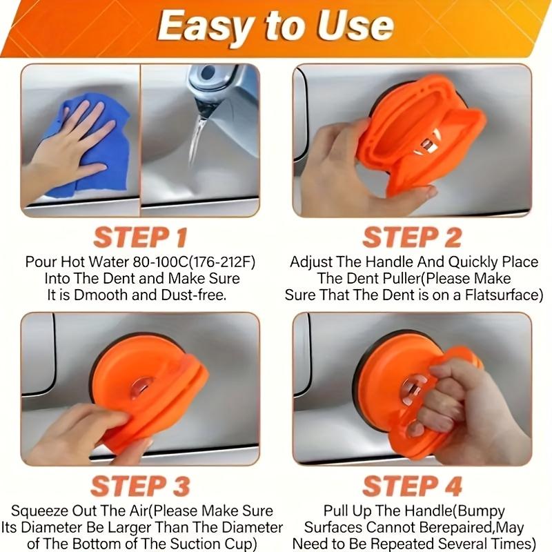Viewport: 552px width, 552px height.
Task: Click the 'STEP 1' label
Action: [x=140, y=237]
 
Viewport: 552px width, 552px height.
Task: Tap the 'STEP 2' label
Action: [x=411, y=237]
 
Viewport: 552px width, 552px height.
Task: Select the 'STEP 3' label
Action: [x=140, y=486]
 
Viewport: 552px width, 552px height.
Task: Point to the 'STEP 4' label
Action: [x=411, y=486]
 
